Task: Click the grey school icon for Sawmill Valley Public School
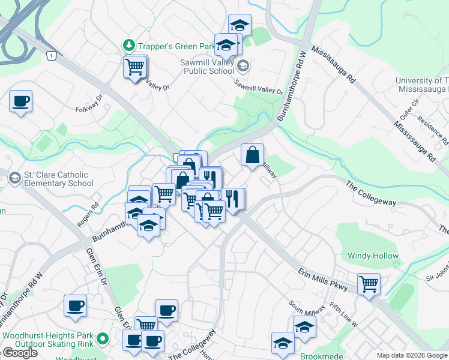click(243, 65)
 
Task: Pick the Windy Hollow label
click(373, 256)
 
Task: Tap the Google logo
click(20, 353)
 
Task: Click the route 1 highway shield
click(52, 55)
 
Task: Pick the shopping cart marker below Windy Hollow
click(369, 284)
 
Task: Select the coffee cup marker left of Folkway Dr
click(21, 101)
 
